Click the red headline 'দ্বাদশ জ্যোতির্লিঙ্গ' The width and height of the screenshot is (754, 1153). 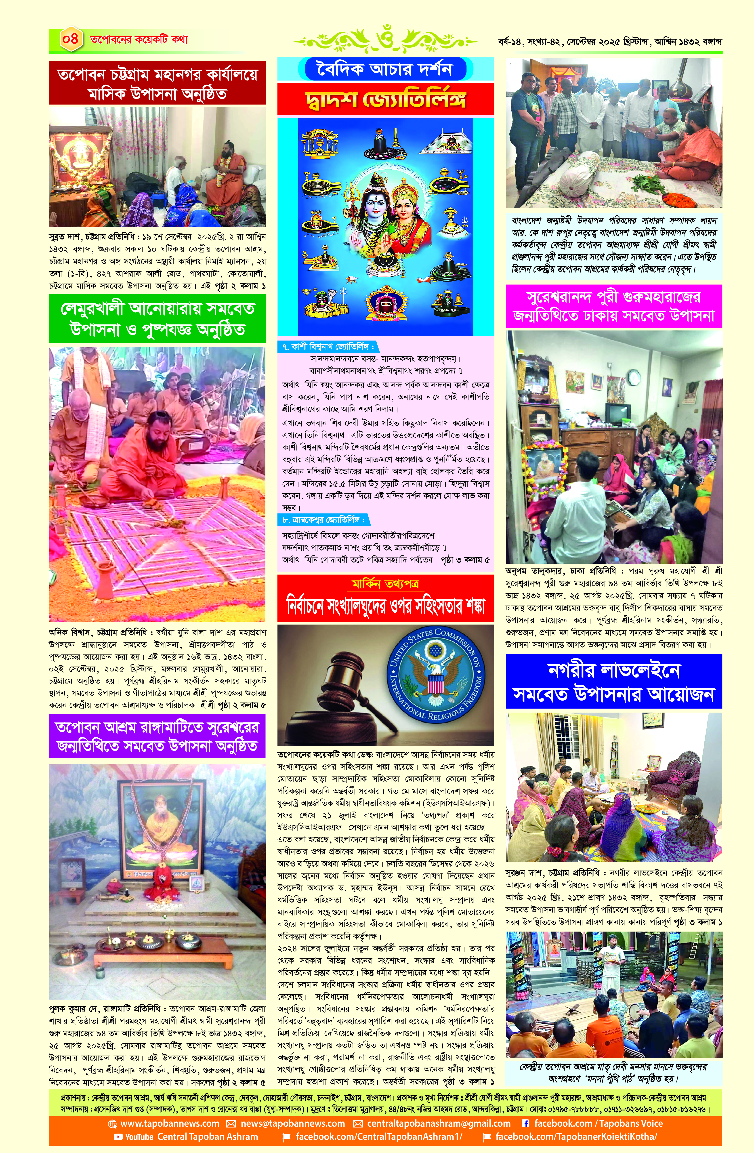coord(385,99)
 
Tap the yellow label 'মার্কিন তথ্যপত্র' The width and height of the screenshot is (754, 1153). coord(385,584)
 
